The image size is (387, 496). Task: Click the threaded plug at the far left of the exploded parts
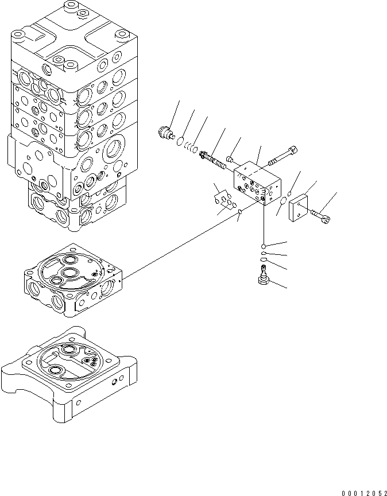click(166, 133)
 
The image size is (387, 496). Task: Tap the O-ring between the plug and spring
click(180, 141)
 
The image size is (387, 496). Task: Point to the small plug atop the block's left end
click(230, 158)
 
